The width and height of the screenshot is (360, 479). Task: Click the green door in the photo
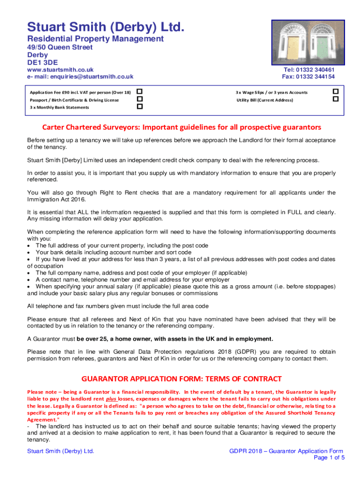(323, 47)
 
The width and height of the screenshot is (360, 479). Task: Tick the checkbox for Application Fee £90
(139, 91)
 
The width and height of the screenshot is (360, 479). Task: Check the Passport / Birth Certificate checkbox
(139, 99)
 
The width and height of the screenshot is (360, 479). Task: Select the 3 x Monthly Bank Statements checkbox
(139, 107)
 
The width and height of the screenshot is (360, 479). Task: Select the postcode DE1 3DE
(43, 62)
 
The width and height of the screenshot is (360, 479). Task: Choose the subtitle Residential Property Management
(95, 39)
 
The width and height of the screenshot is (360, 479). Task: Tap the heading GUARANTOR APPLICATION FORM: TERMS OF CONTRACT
(182, 378)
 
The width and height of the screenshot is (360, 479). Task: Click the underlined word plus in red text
(111, 399)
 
